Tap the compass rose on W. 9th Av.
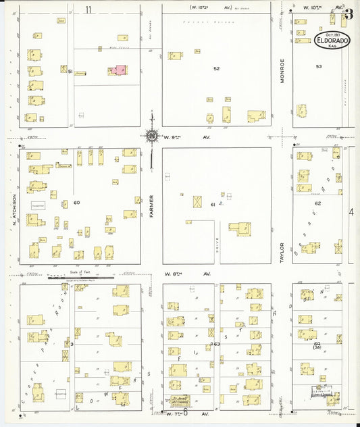pyautogui.click(x=153, y=136)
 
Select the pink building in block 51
pyautogui.click(x=120, y=70)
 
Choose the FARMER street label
pyautogui.click(x=152, y=206)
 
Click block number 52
pyautogui.click(x=216, y=68)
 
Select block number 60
pyautogui.click(x=76, y=202)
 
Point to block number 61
pyautogui.click(x=212, y=203)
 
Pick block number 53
pyautogui.click(x=319, y=66)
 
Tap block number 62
pyautogui.click(x=317, y=203)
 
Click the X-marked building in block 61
pyautogui.click(x=197, y=201)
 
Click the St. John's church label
pyautogui.click(x=179, y=399)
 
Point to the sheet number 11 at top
pyautogui.click(x=88, y=9)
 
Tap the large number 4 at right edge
pyautogui.click(x=351, y=213)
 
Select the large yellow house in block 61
pyautogui.click(x=239, y=229)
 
